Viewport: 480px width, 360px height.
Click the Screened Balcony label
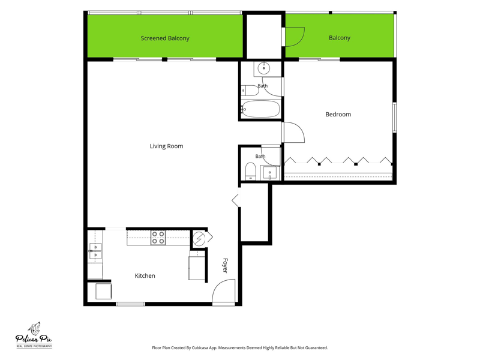[165, 38]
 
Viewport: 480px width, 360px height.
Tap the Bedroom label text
[338, 114]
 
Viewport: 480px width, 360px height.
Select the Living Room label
[167, 146]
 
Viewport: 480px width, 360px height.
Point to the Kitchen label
[145, 275]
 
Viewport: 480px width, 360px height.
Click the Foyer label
[225, 265]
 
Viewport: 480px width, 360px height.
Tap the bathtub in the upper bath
[260, 109]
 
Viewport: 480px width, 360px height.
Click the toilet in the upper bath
[250, 91]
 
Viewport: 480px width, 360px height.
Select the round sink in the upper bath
[263, 68]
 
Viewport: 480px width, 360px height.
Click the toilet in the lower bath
[250, 171]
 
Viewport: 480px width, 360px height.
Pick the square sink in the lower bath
[269, 173]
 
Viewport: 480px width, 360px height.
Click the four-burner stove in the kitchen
[158, 238]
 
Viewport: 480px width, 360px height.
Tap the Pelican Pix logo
[34, 335]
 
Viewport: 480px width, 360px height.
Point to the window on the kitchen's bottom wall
[130, 304]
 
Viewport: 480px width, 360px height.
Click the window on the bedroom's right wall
[395, 118]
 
